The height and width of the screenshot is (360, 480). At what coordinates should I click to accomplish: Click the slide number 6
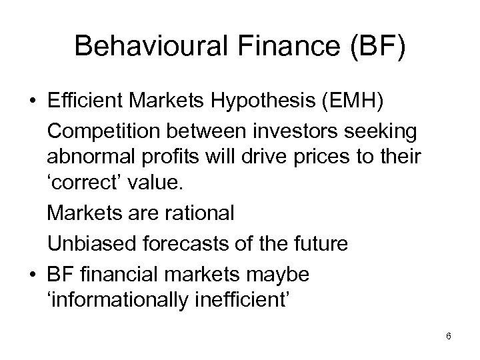pos(449,337)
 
